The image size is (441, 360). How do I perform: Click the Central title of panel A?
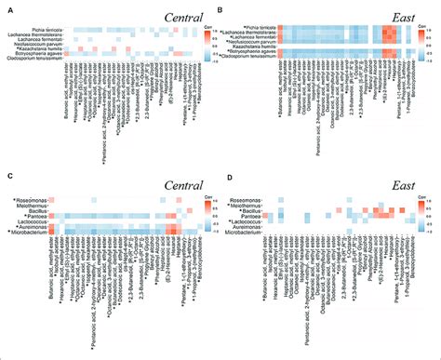pyautogui.click(x=184, y=18)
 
